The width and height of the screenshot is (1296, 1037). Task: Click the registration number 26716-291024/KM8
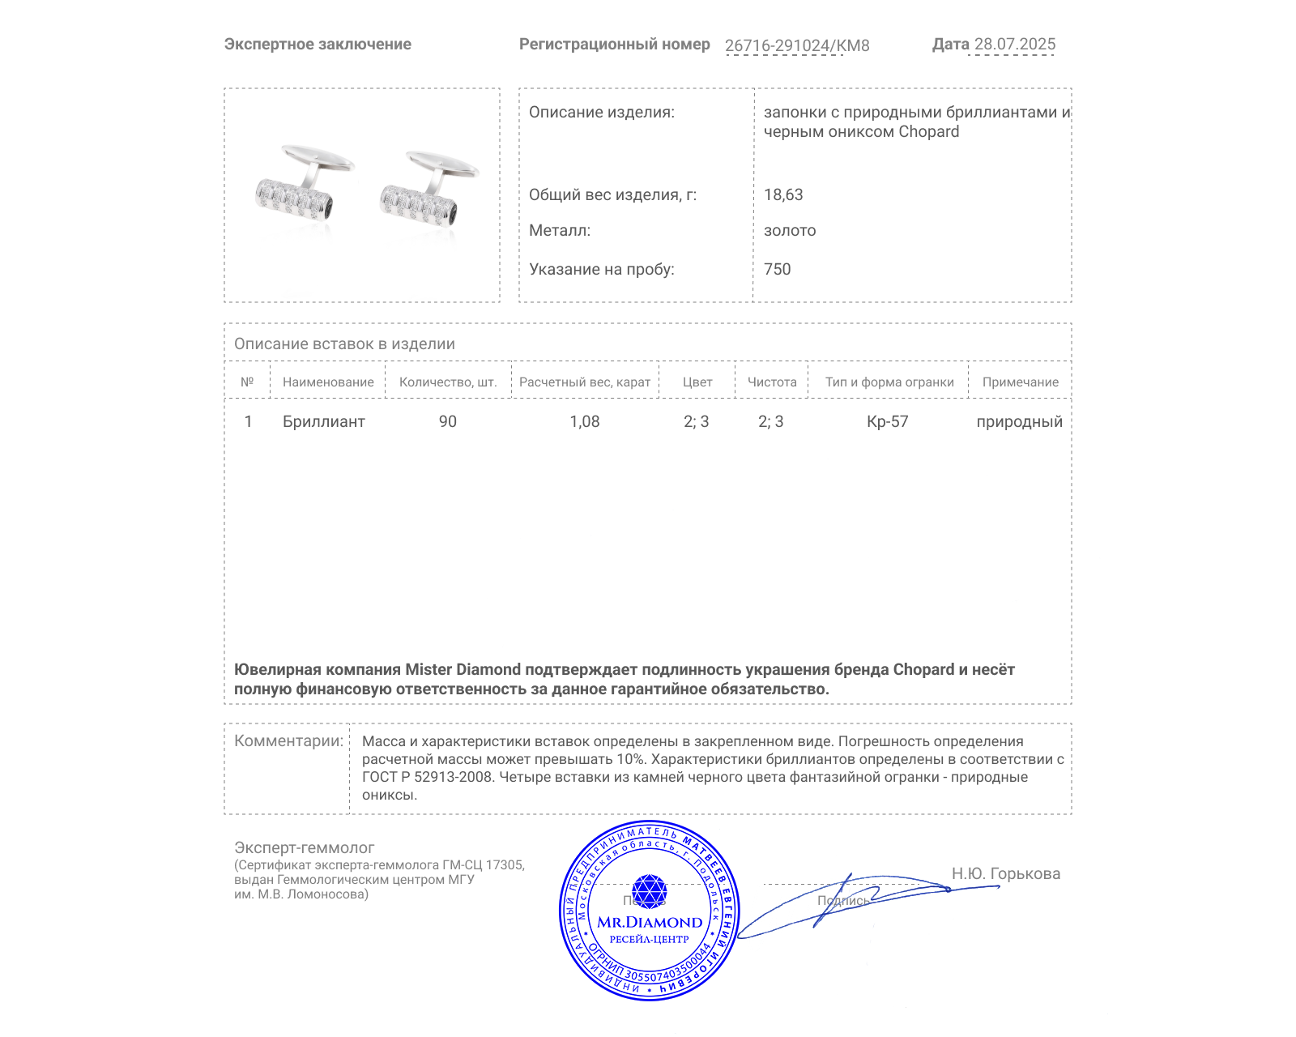click(x=797, y=45)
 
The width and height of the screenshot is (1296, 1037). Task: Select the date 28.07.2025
click(x=1014, y=45)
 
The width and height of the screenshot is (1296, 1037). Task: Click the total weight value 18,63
click(x=783, y=194)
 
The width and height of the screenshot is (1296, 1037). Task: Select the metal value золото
click(x=790, y=230)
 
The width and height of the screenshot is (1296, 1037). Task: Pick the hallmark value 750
click(x=777, y=269)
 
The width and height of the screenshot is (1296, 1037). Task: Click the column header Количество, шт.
click(x=448, y=382)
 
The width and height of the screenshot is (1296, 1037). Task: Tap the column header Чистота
click(x=772, y=382)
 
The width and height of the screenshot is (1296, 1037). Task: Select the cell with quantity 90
click(x=448, y=421)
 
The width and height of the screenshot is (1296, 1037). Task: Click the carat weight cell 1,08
click(x=585, y=421)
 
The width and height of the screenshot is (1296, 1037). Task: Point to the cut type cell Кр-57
click(x=888, y=421)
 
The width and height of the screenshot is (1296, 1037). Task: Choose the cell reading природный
click(x=1019, y=421)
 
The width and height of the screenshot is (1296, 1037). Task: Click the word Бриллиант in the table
click(x=324, y=421)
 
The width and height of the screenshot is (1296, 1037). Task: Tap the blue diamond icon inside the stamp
click(x=649, y=891)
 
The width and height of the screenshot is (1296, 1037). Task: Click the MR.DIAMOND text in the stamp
click(x=650, y=922)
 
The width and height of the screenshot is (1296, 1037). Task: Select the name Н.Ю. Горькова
click(x=1005, y=873)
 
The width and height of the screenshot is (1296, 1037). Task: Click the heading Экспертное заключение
click(x=318, y=45)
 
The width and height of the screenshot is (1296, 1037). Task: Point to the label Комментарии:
click(x=288, y=740)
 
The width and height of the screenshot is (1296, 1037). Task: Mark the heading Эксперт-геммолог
click(x=305, y=847)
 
